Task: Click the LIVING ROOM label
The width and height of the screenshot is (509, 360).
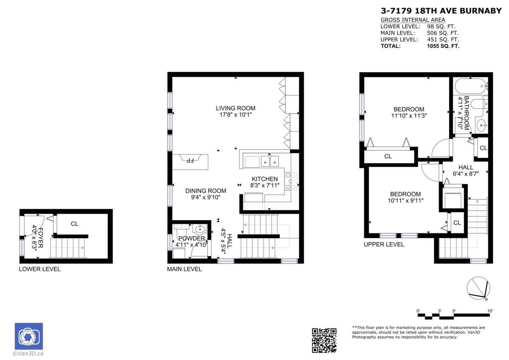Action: click(x=235, y=108)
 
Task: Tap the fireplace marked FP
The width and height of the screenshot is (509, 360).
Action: click(x=190, y=160)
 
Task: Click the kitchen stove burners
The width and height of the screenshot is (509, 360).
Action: click(x=291, y=181)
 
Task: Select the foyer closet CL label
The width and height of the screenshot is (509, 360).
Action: click(x=75, y=224)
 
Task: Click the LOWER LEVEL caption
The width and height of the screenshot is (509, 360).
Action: click(x=40, y=269)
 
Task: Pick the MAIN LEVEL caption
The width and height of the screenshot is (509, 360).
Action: click(x=185, y=269)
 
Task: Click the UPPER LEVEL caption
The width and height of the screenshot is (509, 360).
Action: click(x=384, y=245)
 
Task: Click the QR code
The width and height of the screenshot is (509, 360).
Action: click(x=324, y=340)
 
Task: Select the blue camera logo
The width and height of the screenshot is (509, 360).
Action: click(x=28, y=336)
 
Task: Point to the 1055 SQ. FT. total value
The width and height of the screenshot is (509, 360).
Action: click(x=443, y=46)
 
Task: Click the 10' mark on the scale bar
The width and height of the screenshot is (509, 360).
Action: click(x=490, y=311)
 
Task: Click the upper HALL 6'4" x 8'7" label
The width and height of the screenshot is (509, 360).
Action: click(x=466, y=170)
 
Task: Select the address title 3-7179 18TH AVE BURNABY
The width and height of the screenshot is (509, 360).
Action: click(x=441, y=11)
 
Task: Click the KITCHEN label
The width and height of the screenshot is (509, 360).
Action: click(x=265, y=179)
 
